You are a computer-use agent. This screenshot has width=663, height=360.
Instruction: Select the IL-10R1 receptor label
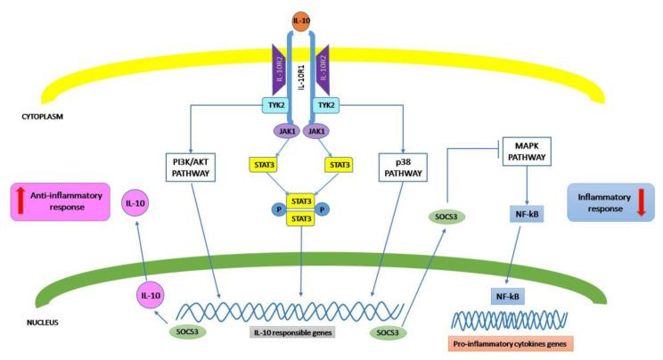[x=300, y=80]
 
